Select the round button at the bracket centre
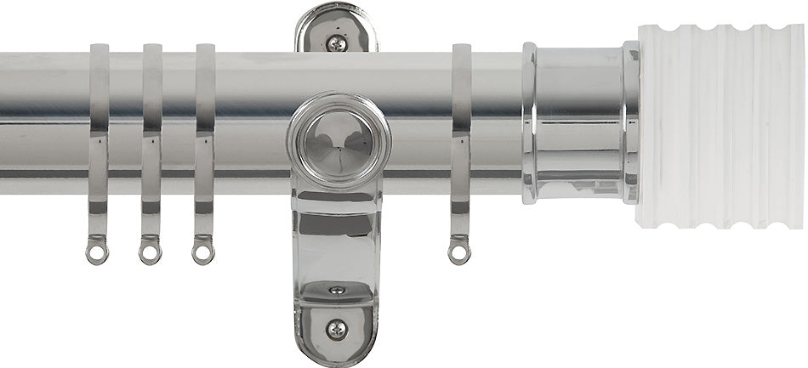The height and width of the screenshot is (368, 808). (x=338, y=143)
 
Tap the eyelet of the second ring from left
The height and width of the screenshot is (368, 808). (x=150, y=252)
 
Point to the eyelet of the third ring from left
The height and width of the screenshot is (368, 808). (x=202, y=252)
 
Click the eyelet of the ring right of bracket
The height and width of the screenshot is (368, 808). (x=459, y=252)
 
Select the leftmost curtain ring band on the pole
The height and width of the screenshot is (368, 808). (x=100, y=127)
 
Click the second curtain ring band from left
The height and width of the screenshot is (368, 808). (x=152, y=127)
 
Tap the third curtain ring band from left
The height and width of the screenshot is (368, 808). (x=205, y=127)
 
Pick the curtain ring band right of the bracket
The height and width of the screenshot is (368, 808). (x=462, y=127)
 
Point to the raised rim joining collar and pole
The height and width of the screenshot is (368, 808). (x=529, y=123)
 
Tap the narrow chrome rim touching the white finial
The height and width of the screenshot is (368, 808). (x=630, y=123)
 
